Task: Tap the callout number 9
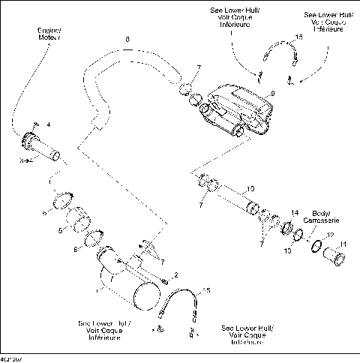(x=274, y=93)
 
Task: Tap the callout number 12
(x=330, y=235)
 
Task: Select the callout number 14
(x=295, y=213)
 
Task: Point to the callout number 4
(x=49, y=124)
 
